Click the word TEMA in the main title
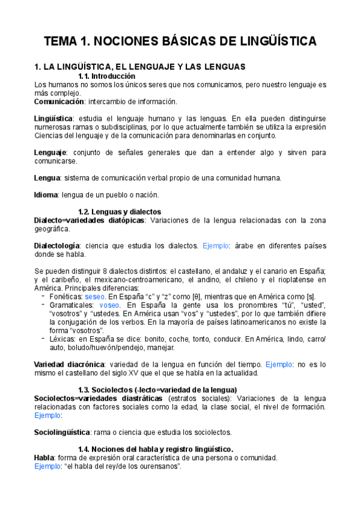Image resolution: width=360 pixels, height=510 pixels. tap(61, 41)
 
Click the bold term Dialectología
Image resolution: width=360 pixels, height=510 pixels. tap(56, 245)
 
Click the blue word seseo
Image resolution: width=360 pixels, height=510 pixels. tap(95, 296)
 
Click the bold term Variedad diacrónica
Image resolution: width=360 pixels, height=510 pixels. tap(69, 364)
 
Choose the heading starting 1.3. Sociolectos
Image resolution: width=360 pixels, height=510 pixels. tap(157, 390)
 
